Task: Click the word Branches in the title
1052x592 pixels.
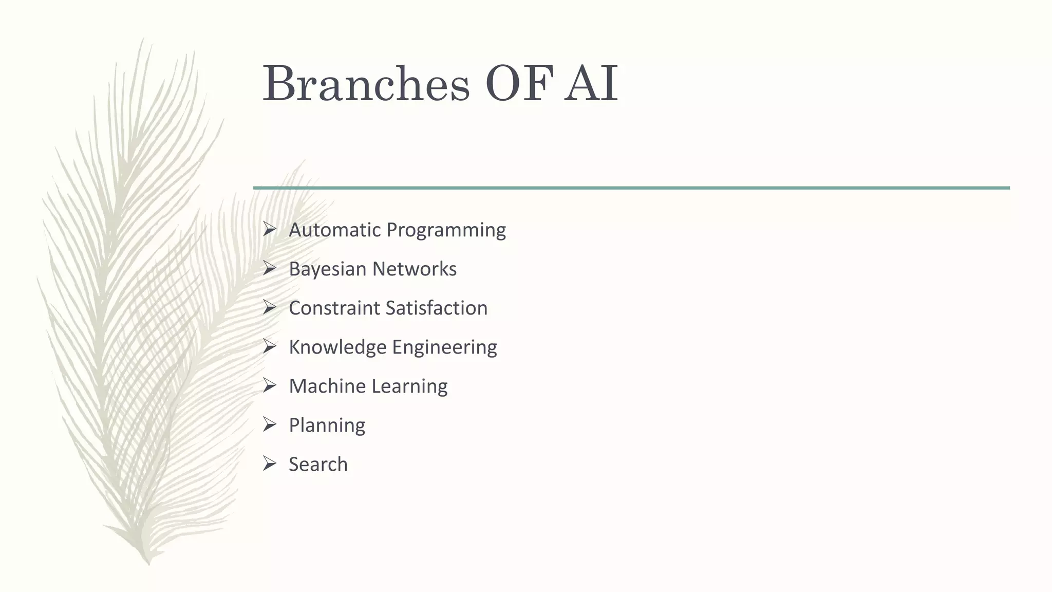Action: (366, 84)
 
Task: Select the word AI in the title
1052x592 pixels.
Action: (591, 84)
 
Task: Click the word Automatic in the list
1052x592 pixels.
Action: (334, 230)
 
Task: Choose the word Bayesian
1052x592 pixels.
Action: (327, 269)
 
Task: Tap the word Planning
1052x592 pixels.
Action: (327, 425)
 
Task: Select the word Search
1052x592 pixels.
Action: (318, 464)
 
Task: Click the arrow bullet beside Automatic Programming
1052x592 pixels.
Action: (270, 229)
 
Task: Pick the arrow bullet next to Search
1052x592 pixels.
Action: (270, 464)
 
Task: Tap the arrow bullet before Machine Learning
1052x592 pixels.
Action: (270, 385)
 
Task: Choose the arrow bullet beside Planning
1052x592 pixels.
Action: (270, 424)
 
